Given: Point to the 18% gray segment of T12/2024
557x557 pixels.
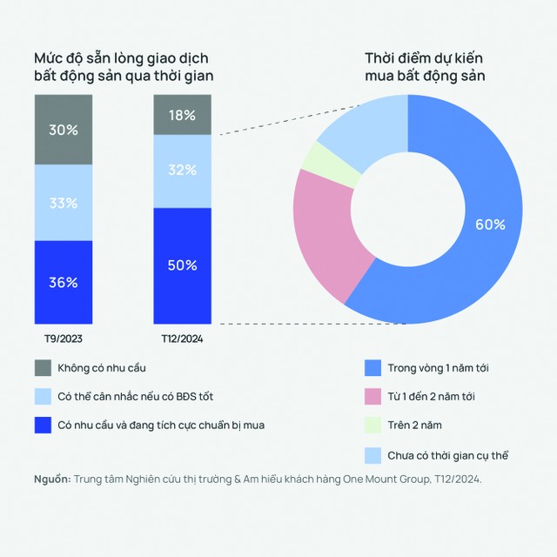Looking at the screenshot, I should (181, 115).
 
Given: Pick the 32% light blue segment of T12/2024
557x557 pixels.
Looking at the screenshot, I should (181, 171).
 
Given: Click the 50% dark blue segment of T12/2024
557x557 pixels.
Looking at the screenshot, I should (181, 265).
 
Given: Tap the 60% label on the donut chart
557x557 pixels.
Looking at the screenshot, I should (490, 224).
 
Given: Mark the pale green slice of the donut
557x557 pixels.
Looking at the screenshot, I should (321, 164).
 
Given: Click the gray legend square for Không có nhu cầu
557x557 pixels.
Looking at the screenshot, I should (43, 368).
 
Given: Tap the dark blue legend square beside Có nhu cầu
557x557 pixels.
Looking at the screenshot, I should (43, 426).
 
